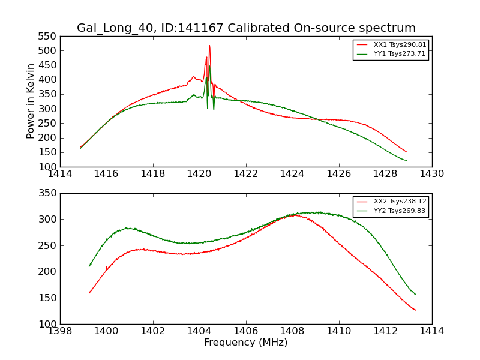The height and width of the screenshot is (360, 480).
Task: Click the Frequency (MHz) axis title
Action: pyautogui.click(x=246, y=343)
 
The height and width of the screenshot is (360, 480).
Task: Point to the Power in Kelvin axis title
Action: pyautogui.click(x=31, y=101)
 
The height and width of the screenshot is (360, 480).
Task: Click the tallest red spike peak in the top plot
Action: pyautogui.click(x=209, y=46)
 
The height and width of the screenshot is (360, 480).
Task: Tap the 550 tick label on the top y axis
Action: pyautogui.click(x=48, y=36)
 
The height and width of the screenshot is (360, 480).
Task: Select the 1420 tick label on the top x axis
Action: pyautogui.click(x=199, y=174)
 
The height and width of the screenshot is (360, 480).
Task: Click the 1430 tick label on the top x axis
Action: pyautogui.click(x=431, y=174)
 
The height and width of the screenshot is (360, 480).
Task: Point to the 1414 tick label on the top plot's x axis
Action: pyautogui.click(x=60, y=174)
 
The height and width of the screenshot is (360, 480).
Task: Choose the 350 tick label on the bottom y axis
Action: pyautogui.click(x=48, y=193)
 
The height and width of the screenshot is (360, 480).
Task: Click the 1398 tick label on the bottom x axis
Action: pyautogui.click(x=60, y=331)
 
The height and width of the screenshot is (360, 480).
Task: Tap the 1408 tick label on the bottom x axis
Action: pyautogui.click(x=292, y=331)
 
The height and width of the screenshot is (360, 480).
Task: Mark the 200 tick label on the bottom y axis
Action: pyautogui.click(x=48, y=272)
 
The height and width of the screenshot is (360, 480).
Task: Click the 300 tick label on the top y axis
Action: pyautogui.click(x=48, y=109)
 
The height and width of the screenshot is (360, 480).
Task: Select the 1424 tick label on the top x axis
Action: pyautogui.click(x=292, y=174)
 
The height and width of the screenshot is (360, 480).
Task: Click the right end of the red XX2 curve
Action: pyautogui.click(x=415, y=310)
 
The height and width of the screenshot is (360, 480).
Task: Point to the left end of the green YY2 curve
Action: pyautogui.click(x=89, y=266)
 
